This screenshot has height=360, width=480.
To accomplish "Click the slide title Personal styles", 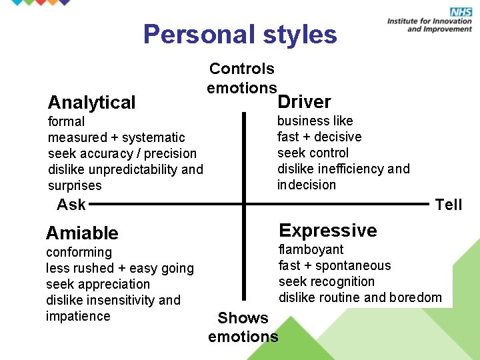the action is click(240, 35).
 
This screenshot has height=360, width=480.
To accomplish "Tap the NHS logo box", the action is click(461, 12).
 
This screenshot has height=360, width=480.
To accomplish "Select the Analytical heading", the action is click(91, 103).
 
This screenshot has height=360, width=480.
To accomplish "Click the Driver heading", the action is click(304, 102).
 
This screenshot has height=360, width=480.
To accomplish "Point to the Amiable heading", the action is click(82, 233).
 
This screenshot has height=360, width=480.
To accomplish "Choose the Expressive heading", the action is click(328, 231).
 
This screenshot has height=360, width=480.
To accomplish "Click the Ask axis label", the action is click(71, 205).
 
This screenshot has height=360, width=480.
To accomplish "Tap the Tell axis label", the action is click(448, 205).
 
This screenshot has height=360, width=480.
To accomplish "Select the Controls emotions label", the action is click(241, 78).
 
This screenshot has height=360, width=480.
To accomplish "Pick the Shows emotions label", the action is click(243, 327).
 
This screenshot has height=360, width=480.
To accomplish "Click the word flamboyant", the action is click(311, 250).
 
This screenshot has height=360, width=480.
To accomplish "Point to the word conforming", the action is click(79, 253).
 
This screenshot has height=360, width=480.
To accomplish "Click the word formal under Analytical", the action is click(66, 122).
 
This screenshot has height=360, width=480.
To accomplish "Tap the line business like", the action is click(315, 121).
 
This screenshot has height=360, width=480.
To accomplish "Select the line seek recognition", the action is click(327, 282).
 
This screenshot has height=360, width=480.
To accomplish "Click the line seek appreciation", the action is click(98, 285).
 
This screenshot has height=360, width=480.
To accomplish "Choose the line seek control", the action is click(313, 153).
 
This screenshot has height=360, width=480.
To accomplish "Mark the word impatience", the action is click(78, 317).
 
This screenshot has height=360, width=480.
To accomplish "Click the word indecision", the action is click(307, 185).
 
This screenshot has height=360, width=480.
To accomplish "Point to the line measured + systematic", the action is click(117, 138).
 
